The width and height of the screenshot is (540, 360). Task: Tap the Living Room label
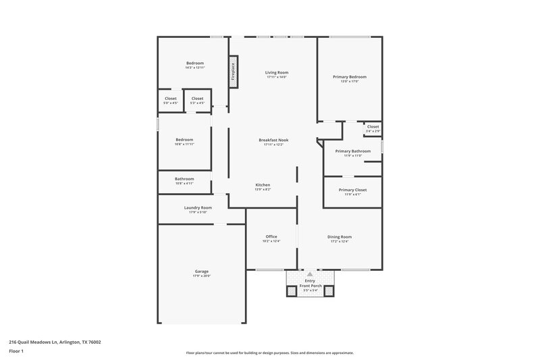pos(276,74)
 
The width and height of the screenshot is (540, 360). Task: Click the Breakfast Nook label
pos(273,142)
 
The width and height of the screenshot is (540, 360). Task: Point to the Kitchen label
pos(263,187)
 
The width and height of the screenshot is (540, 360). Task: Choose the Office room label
pos(271,238)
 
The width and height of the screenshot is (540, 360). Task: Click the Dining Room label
pos(340,238)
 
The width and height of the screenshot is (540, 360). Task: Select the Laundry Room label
pos(198,209)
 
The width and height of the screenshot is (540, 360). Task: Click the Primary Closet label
pos(352,192)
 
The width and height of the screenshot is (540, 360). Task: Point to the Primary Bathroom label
pos(353,153)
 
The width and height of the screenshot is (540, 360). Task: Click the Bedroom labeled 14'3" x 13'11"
pos(194,65)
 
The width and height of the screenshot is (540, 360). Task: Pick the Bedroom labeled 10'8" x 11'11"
pos(184,141)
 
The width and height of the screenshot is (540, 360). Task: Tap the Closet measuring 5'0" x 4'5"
pos(171,101)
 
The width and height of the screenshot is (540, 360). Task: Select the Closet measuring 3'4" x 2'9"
pos(373,128)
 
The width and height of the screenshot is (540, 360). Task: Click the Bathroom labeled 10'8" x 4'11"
pos(184,181)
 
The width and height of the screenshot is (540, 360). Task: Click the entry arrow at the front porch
pos(310,274)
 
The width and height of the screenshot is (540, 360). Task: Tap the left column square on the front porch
pos(292,291)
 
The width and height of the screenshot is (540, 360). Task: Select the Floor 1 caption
pos(16,352)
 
